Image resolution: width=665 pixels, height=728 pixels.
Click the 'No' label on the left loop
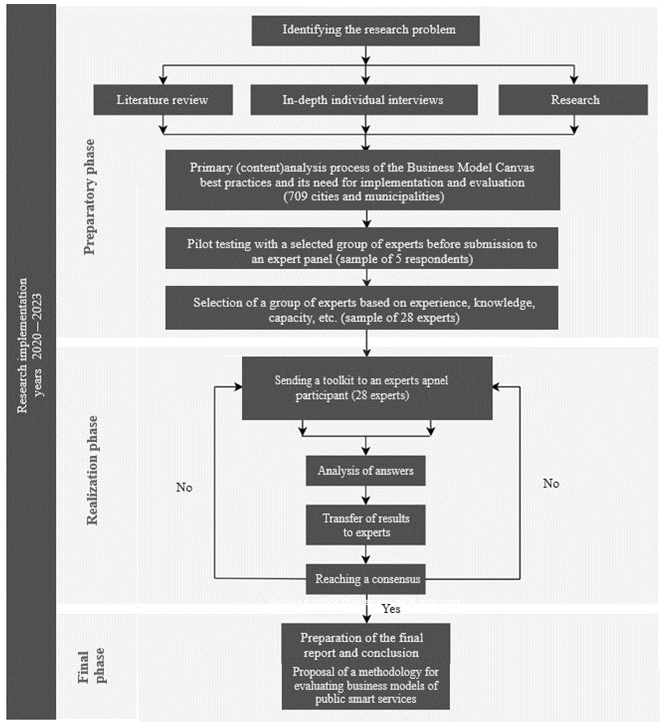point(184,488)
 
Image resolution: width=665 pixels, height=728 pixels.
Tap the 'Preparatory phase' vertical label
point(89,197)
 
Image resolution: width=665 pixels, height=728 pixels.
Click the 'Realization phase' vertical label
point(92,470)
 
